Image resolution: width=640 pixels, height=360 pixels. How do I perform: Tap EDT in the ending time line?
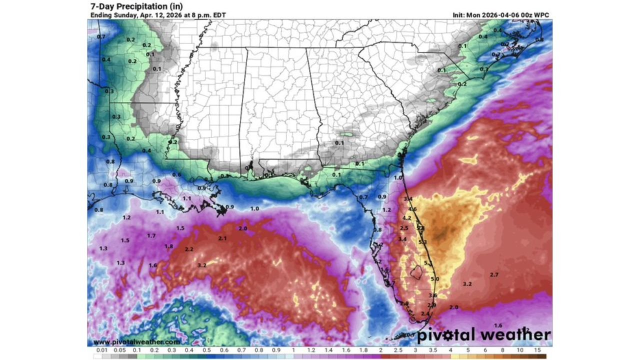coord(218,15)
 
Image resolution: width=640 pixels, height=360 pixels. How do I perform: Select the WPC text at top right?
coord(541,15)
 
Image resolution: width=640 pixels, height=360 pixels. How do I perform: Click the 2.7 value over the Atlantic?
coord(494,275)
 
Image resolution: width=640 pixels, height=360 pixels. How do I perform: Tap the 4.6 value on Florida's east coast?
coord(412,209)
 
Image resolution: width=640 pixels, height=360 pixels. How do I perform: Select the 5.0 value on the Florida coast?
coord(434,279)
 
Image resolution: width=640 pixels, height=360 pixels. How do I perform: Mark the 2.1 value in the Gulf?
coord(222,238)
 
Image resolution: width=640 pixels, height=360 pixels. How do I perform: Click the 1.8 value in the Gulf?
coord(169,246)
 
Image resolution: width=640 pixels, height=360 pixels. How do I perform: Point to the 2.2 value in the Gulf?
coord(189,249)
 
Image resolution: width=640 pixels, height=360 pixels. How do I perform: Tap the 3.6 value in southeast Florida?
coord(432,295)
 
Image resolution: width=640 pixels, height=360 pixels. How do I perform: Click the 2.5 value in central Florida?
coord(404,228)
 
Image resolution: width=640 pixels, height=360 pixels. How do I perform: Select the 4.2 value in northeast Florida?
coord(406,218)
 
